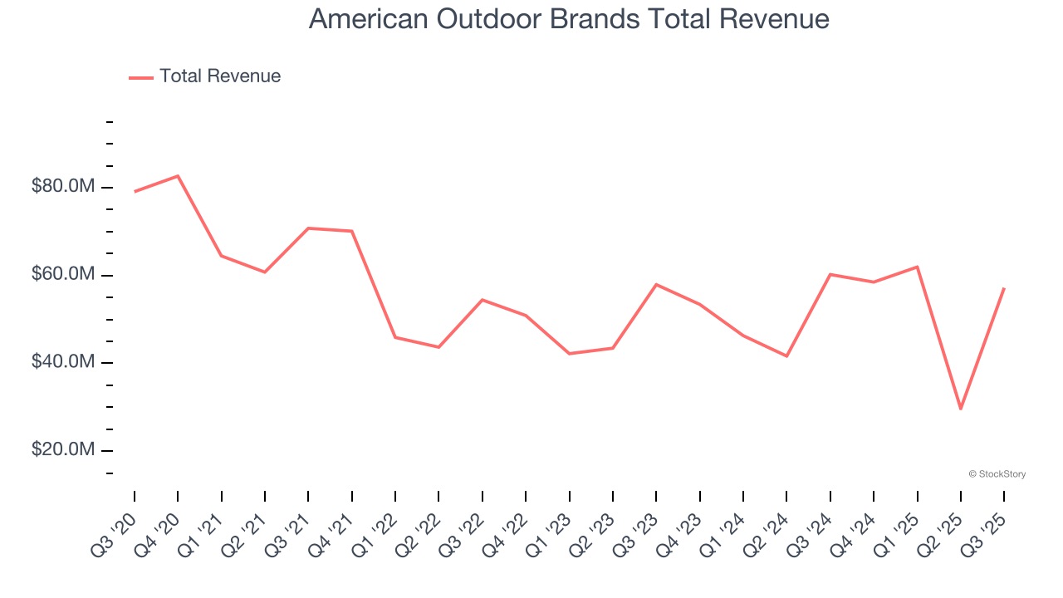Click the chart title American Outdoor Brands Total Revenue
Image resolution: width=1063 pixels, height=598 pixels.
point(569,18)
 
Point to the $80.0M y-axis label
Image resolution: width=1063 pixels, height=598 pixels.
point(63,186)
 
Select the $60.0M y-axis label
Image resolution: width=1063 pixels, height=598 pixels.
point(63,274)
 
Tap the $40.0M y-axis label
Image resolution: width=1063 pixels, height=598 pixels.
point(63,362)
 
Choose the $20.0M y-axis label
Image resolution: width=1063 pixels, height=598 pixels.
point(63,449)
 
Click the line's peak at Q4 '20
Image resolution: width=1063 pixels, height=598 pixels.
point(178,175)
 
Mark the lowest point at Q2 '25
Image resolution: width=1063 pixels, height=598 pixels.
point(961,409)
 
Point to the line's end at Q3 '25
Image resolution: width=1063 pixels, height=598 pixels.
point(1004,288)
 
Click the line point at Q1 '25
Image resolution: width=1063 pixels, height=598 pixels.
point(918,267)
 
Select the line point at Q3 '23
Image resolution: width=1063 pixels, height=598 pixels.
point(656,284)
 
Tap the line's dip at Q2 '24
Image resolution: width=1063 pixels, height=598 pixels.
point(786,356)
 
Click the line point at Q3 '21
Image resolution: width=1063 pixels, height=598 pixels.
point(308,228)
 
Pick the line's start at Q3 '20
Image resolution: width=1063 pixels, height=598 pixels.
point(135,192)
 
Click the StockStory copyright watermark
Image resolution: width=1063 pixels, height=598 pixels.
point(997,474)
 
